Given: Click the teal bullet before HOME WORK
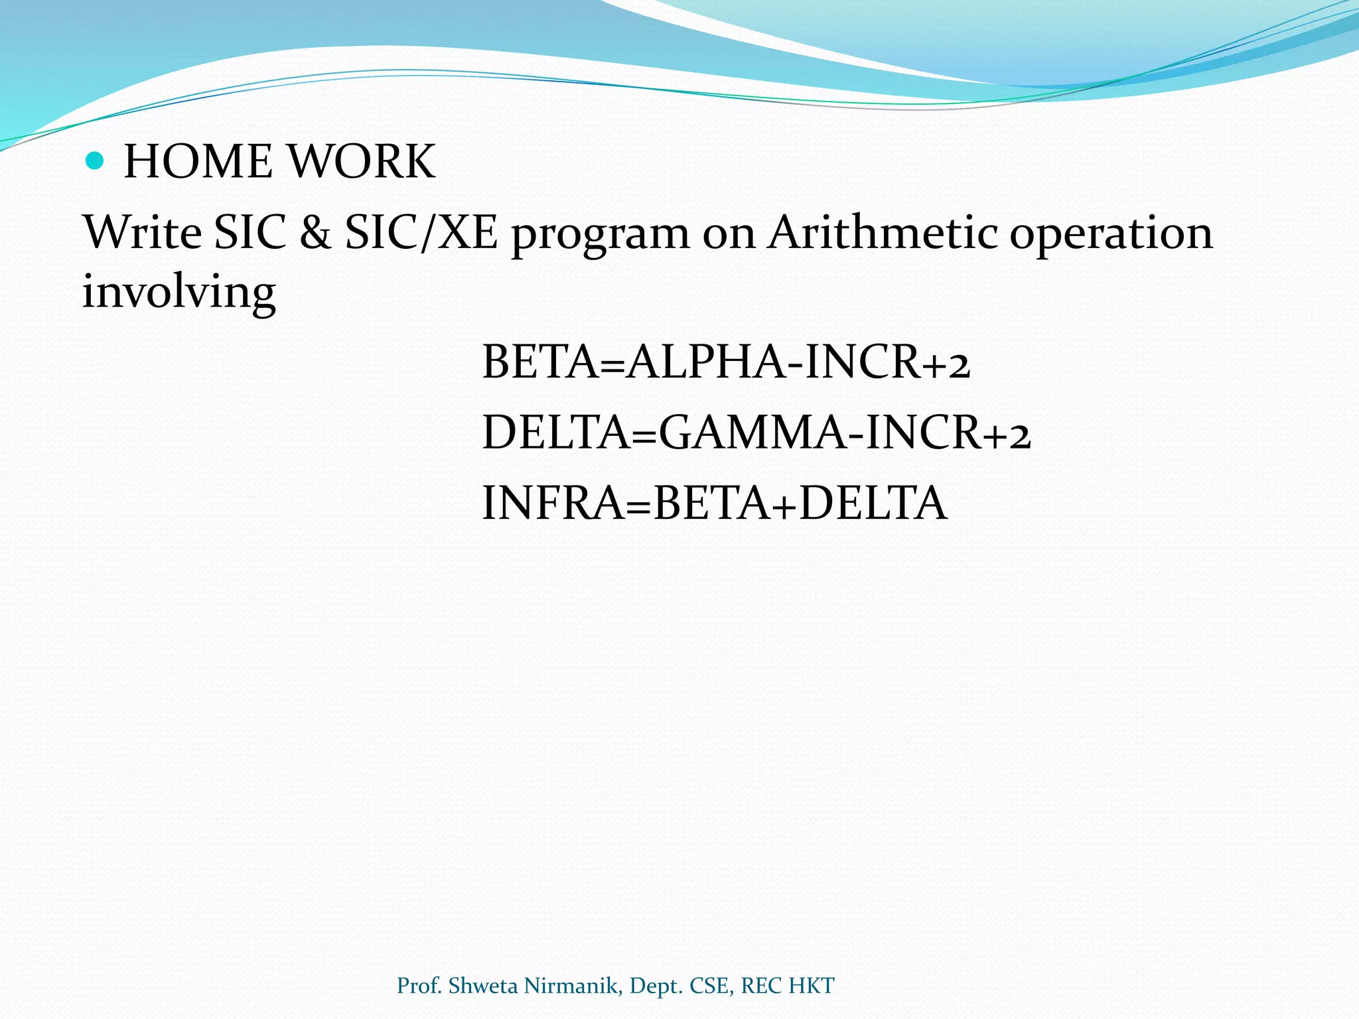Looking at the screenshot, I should pyautogui.click(x=96, y=161).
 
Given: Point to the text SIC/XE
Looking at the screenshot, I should pyautogui.click(x=421, y=233).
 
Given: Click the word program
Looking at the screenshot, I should pyautogui.click(x=601, y=236).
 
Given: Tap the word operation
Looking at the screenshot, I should pyautogui.click(x=1111, y=236).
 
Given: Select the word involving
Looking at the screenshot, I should pyautogui.click(x=179, y=293).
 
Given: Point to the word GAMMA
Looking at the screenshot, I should pyautogui.click(x=752, y=433).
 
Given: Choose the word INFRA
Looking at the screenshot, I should pyautogui.click(x=553, y=503).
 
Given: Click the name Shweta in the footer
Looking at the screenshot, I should pyautogui.click(x=482, y=986).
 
